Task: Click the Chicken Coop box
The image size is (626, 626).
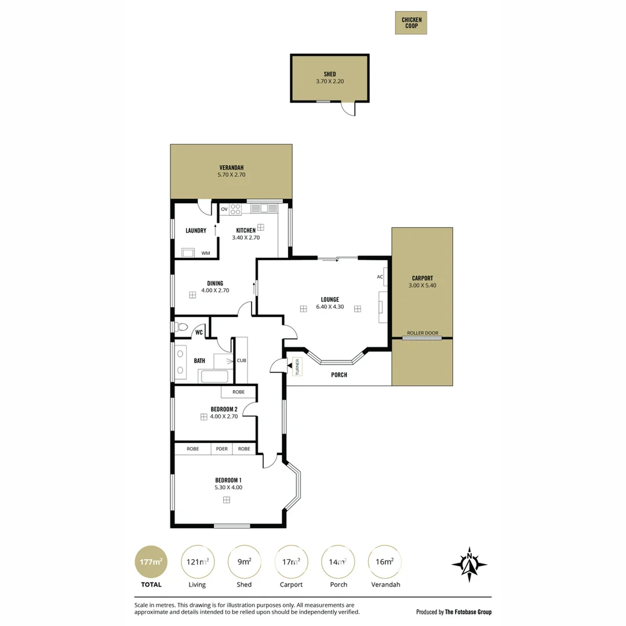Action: [411, 23]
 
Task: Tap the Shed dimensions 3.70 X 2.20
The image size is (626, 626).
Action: [330, 81]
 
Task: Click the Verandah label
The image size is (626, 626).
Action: [231, 168]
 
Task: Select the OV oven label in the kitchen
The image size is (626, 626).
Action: [224, 209]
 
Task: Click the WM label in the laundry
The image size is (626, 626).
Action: [206, 253]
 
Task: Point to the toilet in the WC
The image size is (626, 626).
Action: [181, 327]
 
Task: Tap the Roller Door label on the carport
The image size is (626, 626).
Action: [423, 333]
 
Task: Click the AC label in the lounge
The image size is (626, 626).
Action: [380, 276]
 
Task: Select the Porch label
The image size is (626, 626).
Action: [339, 375]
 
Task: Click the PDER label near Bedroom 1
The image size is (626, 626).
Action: [222, 449]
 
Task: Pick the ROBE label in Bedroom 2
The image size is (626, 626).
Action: [238, 392]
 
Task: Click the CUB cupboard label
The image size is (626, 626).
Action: [242, 361]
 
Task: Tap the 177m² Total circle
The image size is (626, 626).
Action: [151, 562]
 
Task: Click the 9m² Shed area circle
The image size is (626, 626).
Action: [245, 562]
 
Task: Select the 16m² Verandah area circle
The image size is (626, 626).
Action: [384, 562]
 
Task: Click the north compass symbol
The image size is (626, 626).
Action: [469, 565]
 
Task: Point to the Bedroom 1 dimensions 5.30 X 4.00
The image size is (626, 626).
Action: [228, 487]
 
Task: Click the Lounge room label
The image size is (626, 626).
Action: [330, 300]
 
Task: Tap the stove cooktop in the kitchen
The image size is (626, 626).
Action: [235, 209]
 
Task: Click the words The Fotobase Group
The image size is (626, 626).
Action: [468, 612]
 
